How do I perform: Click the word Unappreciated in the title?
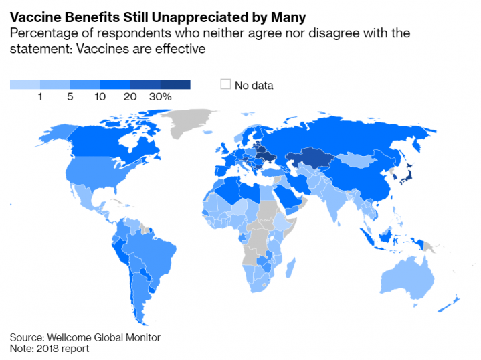[201, 17]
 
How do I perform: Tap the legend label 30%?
[160, 97]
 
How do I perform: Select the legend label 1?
[40, 97]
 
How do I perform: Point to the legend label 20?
[130, 97]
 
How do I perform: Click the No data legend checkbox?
[225, 84]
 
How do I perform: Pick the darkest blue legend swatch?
[175, 85]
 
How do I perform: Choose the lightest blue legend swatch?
[25, 85]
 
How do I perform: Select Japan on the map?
[407, 174]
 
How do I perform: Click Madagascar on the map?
[291, 268]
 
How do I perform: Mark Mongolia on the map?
[356, 159]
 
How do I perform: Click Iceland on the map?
[208, 132]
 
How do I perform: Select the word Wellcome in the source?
[70, 337]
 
